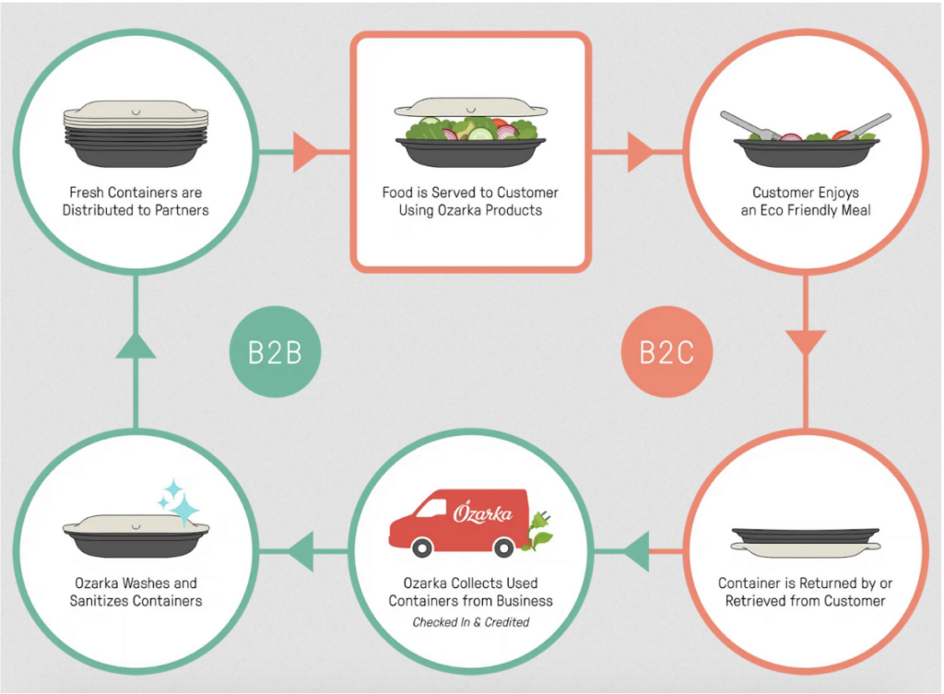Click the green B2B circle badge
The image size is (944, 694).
click(275, 353)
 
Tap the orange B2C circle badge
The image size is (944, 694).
click(666, 353)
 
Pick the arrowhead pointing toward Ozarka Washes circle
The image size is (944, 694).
click(301, 552)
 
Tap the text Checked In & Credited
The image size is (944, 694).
click(470, 622)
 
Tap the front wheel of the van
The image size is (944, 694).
click(423, 547)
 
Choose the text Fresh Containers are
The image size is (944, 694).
click(136, 193)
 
